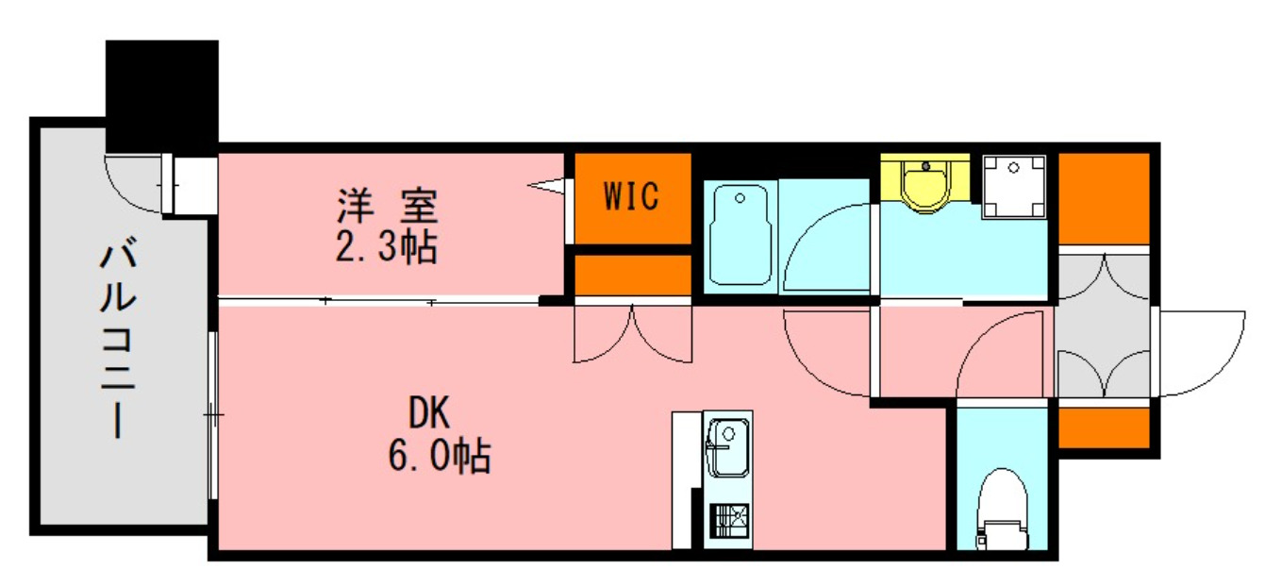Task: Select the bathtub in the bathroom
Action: tap(741, 235)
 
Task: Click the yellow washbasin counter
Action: tap(924, 181)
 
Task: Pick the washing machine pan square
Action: tap(1014, 187)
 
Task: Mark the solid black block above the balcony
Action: tap(161, 94)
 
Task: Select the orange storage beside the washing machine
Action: tap(1103, 197)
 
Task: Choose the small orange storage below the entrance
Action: tap(1103, 427)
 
